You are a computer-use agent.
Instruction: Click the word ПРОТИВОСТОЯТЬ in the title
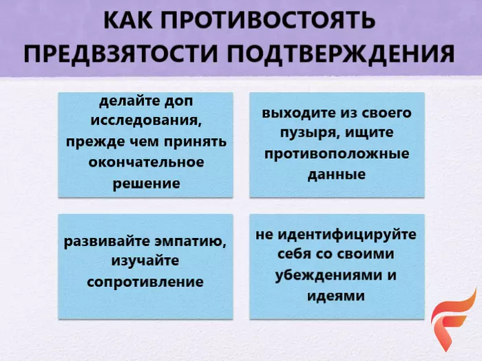pyautogui.click(x=267, y=20)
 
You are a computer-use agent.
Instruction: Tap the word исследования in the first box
pyautogui.click(x=146, y=121)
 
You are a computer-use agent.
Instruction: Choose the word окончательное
pyautogui.click(x=146, y=162)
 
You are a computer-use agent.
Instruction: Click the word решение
pyautogui.click(x=146, y=184)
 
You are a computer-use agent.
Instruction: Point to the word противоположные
pyautogui.click(x=337, y=153)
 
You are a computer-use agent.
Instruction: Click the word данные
pyautogui.click(x=337, y=175)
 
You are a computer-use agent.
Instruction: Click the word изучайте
pyautogui.click(x=145, y=261)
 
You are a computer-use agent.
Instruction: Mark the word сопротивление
pyautogui.click(x=145, y=282)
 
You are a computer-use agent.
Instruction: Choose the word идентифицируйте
pyautogui.click(x=347, y=235)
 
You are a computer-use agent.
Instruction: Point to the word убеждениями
pyautogui.click(x=327, y=275)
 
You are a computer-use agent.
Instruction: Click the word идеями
pyautogui.click(x=336, y=296)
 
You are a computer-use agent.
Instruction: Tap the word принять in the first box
pyautogui.click(x=195, y=142)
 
